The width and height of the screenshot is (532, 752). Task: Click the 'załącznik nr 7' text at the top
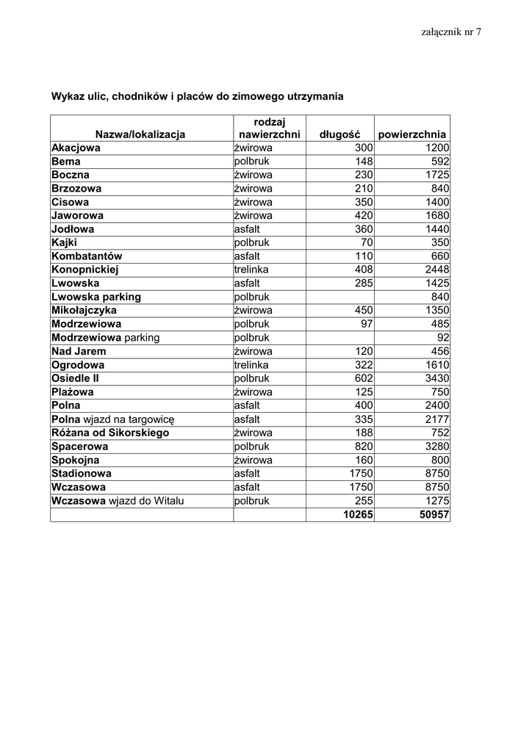(x=451, y=32)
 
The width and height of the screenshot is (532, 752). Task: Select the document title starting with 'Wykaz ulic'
(x=197, y=96)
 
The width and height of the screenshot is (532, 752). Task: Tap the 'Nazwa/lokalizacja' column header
(x=140, y=134)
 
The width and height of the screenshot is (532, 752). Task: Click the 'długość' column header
(x=339, y=134)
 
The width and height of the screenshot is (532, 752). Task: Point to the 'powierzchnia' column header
(x=411, y=134)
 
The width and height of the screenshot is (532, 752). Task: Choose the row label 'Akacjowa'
(x=76, y=148)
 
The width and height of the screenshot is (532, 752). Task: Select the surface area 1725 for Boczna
(x=436, y=175)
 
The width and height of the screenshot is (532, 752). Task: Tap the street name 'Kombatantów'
(x=87, y=256)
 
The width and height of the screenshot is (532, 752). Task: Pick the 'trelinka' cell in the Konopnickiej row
(x=252, y=270)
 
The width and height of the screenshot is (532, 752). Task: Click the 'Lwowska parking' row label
(x=96, y=297)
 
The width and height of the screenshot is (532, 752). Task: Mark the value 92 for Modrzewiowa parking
(x=442, y=338)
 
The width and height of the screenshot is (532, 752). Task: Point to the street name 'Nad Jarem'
(x=79, y=351)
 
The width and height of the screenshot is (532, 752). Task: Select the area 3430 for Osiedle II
(x=436, y=378)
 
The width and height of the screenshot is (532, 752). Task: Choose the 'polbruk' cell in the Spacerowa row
(x=252, y=446)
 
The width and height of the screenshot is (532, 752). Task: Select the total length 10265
(x=358, y=515)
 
